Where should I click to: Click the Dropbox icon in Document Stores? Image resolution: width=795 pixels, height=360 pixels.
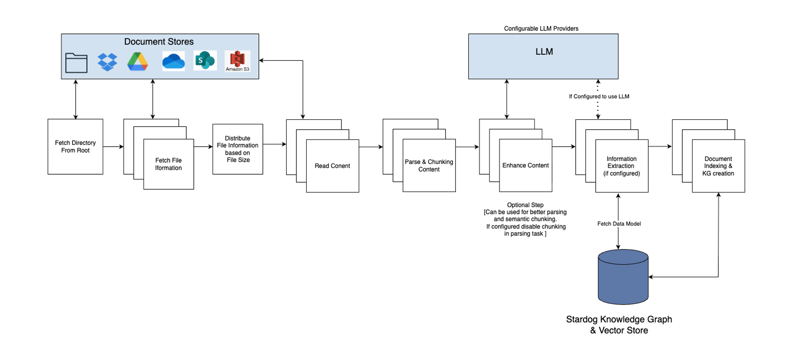coord(107,62)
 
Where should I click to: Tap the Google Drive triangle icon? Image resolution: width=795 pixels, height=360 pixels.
coord(138,62)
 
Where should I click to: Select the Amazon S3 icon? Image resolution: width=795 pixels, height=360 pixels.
coord(238,61)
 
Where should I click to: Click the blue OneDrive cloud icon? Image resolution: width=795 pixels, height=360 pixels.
coord(173,61)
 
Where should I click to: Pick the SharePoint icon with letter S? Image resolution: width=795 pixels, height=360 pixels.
coord(205,61)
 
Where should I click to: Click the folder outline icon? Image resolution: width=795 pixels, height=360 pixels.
coord(76,63)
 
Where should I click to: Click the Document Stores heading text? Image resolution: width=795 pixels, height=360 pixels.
coord(159,42)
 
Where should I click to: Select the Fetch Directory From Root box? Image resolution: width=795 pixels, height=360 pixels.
coord(75,147)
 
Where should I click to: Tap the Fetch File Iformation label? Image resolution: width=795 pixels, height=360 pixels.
coord(168,164)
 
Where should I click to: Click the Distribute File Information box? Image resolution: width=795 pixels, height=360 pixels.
coord(238,149)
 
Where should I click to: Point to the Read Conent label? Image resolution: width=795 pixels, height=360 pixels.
coord(332,166)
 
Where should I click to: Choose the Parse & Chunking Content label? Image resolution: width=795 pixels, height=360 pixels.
coord(429,166)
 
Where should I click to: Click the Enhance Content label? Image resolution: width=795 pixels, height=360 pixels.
coord(525,165)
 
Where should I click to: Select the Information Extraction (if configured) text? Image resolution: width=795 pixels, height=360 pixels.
coord(621,166)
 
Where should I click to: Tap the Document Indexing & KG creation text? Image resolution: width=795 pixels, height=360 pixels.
coord(718,166)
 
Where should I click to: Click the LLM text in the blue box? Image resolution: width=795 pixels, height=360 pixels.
coord(544,52)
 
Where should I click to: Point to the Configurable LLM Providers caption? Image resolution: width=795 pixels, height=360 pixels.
coord(541,29)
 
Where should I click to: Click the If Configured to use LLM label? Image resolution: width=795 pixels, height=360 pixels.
coord(599,96)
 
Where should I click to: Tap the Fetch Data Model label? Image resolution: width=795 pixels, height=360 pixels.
coord(619,224)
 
